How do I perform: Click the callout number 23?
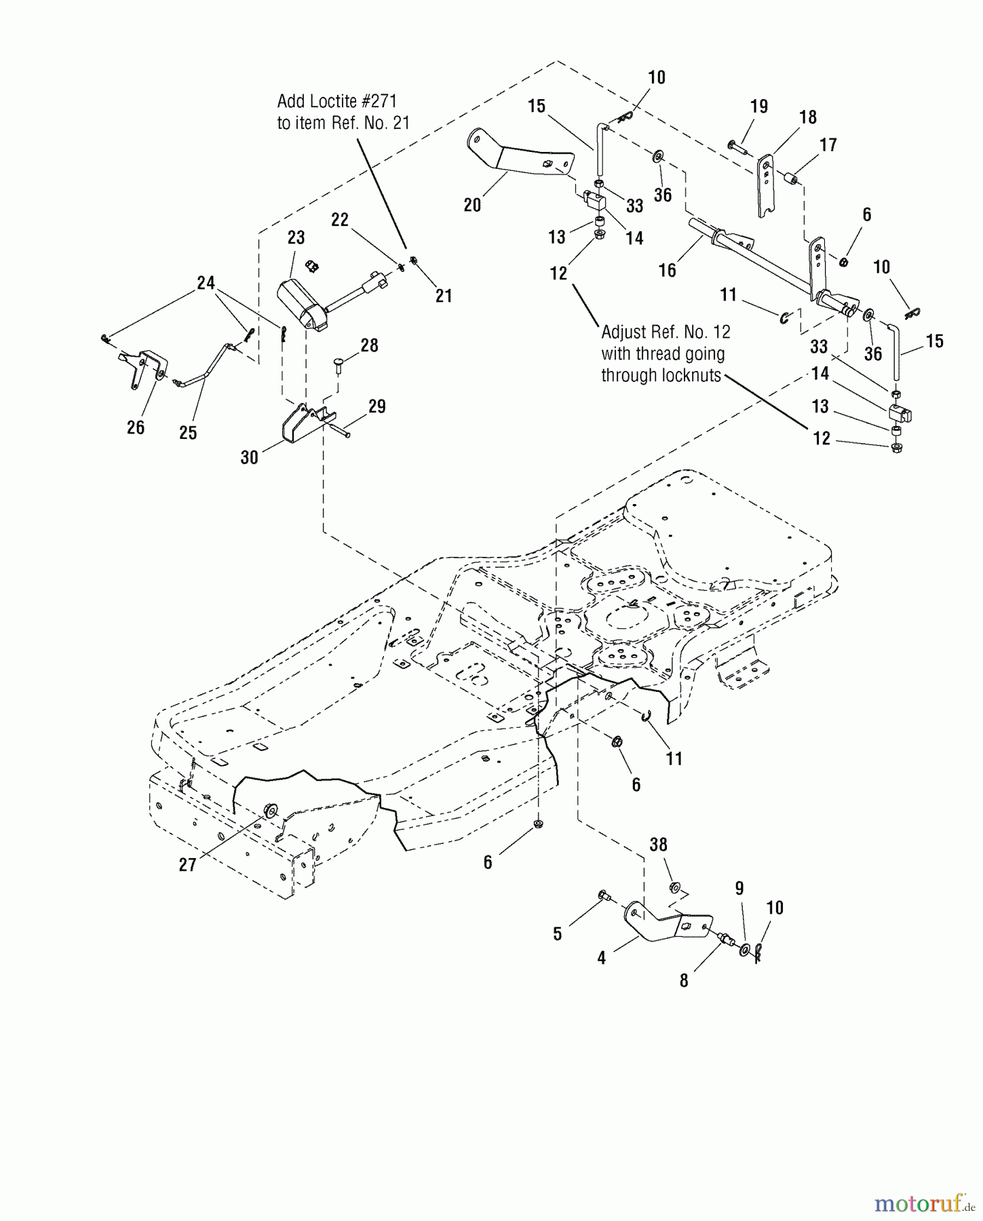coord(296,238)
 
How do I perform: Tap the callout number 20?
coord(472,204)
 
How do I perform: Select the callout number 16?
coord(668,270)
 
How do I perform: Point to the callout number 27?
coord(187,865)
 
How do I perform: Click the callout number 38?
coord(658,845)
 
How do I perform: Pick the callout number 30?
coord(249,458)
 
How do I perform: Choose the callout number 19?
coord(758,106)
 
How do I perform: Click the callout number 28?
coord(369,346)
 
